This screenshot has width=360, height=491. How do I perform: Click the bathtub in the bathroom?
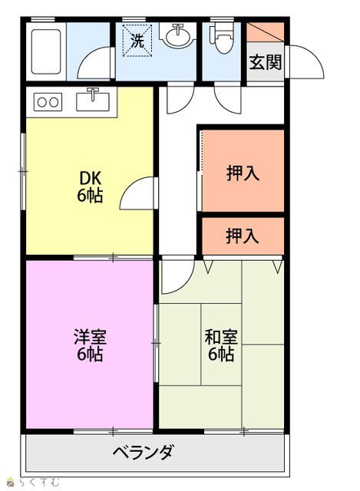click(46, 51)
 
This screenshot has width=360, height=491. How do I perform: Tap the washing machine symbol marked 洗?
click(137, 41)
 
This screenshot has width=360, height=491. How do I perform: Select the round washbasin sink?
click(178, 36)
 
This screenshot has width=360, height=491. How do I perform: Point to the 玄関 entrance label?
click(266, 62)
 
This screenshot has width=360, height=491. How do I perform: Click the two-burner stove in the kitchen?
click(48, 102)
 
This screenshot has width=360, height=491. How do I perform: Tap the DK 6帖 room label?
click(90, 187)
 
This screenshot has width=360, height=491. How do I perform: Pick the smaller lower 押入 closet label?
click(243, 236)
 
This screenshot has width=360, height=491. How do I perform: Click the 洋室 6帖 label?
click(90, 345)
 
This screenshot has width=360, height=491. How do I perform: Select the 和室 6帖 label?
click(221, 345)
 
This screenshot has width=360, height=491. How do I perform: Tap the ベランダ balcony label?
click(143, 452)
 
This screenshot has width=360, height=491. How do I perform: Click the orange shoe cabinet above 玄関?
click(266, 32)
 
